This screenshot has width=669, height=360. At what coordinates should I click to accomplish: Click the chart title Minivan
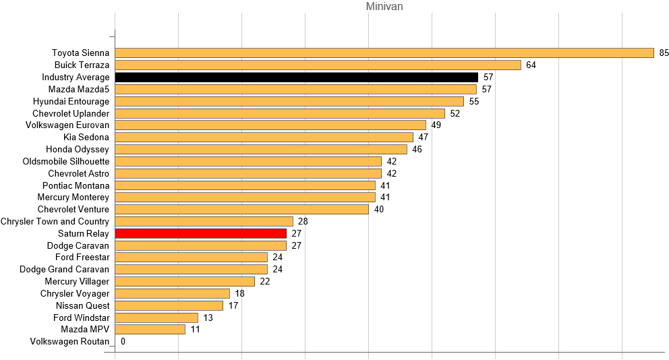(384, 7)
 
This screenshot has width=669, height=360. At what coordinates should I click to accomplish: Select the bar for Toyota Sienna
(384, 53)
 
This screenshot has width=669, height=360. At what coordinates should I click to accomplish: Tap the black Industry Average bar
(296, 77)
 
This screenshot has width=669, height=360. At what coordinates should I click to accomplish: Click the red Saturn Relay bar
(200, 233)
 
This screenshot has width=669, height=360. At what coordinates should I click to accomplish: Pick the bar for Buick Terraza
(318, 65)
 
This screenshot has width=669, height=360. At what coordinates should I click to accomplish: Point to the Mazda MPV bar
(150, 330)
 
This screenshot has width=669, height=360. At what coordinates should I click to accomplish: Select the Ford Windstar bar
(156, 318)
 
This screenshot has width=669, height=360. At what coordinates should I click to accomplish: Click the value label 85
(664, 53)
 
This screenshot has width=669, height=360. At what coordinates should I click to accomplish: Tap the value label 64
(531, 65)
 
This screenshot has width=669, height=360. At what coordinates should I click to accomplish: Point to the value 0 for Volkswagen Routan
(123, 342)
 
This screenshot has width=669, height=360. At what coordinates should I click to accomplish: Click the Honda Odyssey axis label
(77, 149)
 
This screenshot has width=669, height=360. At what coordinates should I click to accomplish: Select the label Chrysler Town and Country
(55, 221)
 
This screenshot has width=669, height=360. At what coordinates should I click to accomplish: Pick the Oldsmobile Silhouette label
(65, 161)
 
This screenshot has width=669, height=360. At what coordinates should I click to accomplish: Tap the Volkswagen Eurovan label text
(67, 125)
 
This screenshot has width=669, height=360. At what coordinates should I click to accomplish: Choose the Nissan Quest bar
(169, 305)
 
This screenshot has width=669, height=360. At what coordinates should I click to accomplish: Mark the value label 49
(436, 125)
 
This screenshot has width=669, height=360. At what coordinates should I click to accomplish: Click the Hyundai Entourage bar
(289, 101)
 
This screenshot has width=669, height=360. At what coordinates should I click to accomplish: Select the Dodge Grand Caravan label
(64, 269)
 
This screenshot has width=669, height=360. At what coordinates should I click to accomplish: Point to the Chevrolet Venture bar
(241, 209)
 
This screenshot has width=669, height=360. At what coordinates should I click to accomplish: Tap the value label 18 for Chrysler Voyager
(239, 293)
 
